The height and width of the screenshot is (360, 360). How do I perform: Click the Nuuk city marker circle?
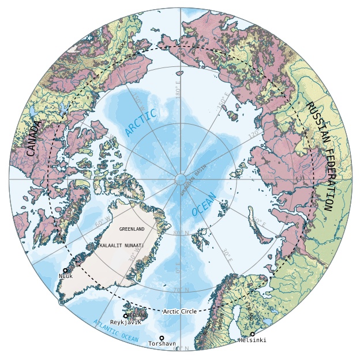click(x=65, y=270)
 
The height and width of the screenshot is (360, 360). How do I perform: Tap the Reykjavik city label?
click(x=125, y=322)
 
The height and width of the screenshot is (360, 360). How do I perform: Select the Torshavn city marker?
click(x=162, y=337)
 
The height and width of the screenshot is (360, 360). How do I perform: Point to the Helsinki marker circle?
click(x=252, y=334)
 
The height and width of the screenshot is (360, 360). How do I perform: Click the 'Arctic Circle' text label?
click(x=179, y=311)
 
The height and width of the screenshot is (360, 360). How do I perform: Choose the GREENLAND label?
click(x=131, y=229)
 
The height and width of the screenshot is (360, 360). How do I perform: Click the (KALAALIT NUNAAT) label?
click(x=129, y=246)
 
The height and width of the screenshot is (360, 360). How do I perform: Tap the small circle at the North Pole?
click(x=180, y=179)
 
